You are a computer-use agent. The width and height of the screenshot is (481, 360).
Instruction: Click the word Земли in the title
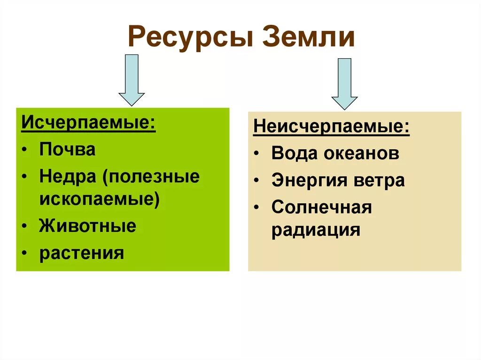[309, 38]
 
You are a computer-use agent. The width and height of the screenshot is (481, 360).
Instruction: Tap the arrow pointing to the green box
[132, 80]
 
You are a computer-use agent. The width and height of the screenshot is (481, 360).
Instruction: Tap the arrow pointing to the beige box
[344, 84]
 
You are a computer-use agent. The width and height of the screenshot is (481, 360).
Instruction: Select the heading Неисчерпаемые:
[331, 127]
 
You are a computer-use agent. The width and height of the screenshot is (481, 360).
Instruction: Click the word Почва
[67, 150]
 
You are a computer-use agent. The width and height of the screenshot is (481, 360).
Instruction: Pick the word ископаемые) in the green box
[100, 199]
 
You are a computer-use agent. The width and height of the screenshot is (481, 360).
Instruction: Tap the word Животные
[88, 226]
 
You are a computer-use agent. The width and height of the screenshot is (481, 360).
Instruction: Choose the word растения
[82, 253]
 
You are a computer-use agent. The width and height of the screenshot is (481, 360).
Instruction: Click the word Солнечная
[322, 207]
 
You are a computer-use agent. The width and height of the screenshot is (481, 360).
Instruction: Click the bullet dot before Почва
[24, 150]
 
